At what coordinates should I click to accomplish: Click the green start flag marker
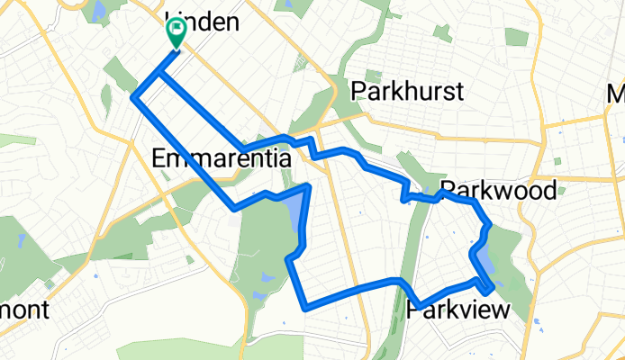[174, 34]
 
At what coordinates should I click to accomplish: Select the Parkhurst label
[408, 91]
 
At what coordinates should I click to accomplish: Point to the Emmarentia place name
[221, 159]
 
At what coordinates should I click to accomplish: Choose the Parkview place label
[459, 310]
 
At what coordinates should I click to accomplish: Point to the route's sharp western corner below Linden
[135, 96]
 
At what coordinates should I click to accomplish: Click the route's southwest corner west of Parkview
[305, 306]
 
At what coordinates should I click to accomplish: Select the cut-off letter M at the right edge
[617, 93]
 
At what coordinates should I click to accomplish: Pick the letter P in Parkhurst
[361, 91]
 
